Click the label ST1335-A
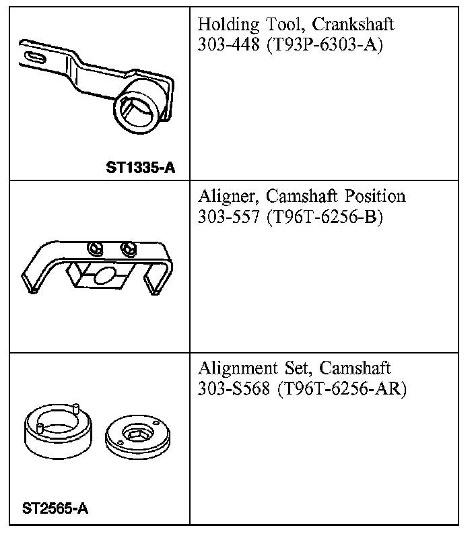[x=140, y=166]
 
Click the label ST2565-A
[x=55, y=508]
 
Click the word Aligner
[x=229, y=197]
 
